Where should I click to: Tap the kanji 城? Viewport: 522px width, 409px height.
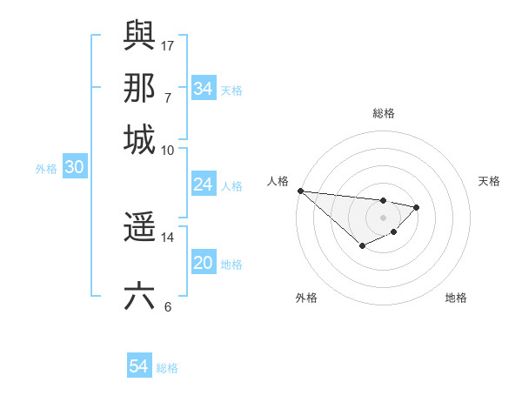tap(139, 139)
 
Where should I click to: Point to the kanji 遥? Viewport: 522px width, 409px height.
tap(139, 227)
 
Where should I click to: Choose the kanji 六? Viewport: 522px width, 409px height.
tap(139, 296)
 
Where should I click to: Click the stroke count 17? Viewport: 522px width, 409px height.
tap(168, 45)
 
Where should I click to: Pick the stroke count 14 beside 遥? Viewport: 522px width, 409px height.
tap(168, 237)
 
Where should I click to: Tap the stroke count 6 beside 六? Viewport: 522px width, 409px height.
tap(168, 306)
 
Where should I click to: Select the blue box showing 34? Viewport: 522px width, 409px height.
tap(203, 88)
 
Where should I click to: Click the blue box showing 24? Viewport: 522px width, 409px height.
tap(203, 184)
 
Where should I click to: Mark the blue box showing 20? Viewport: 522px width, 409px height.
tap(203, 263)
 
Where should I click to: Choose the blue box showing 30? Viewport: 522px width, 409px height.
tap(74, 168)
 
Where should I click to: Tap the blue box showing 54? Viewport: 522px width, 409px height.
tap(138, 366)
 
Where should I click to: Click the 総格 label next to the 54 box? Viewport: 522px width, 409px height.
tap(167, 368)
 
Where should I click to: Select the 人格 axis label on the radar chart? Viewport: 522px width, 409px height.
tap(278, 181)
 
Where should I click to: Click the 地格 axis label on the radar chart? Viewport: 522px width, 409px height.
tap(456, 298)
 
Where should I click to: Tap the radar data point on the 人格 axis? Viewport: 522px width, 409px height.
tap(300, 191)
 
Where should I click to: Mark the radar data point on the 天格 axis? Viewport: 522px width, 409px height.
tap(417, 207)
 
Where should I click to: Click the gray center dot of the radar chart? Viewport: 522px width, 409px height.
tap(383, 218)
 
